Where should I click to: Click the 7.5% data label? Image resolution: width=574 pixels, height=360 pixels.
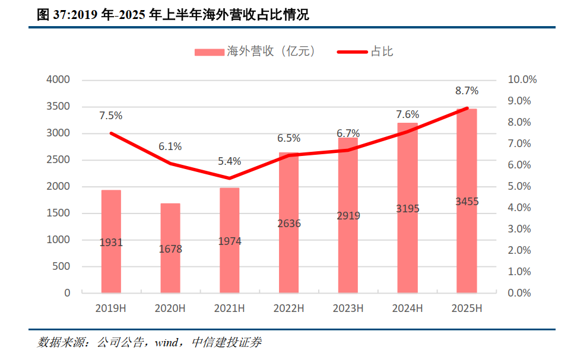111,116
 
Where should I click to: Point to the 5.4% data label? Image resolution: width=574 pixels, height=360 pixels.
230,161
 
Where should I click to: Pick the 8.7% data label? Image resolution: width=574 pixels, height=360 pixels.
467,91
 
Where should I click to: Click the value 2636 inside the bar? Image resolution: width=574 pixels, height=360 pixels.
289,224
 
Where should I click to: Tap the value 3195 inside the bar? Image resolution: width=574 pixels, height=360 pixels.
408,209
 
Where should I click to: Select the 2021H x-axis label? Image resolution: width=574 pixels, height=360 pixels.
230,308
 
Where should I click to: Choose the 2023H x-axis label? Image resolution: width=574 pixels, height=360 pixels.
348,308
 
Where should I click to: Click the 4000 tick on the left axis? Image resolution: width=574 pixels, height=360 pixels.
59,79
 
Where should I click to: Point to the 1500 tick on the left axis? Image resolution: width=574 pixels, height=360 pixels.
59,213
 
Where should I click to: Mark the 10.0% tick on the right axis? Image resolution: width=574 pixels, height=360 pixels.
523,79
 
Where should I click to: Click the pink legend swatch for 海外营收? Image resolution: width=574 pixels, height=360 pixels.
209,52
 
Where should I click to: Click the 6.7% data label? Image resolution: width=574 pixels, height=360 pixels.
348,133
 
